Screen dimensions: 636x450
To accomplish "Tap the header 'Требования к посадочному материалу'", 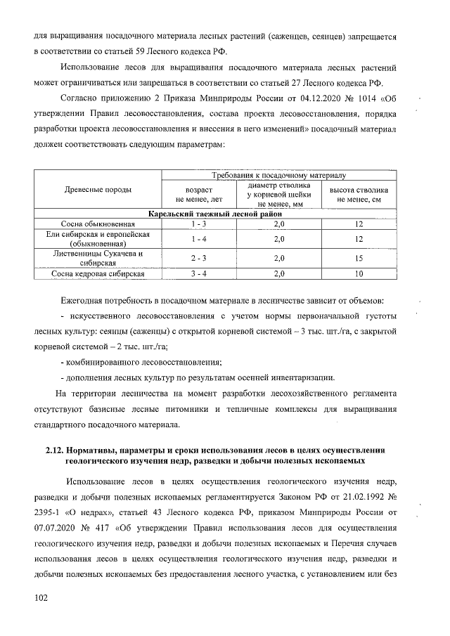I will click(280, 175).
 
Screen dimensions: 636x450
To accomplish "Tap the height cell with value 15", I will click(359, 259).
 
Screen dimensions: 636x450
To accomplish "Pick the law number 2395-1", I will click(49, 512).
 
